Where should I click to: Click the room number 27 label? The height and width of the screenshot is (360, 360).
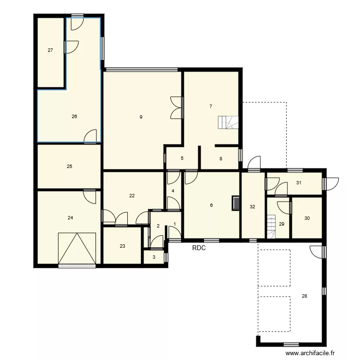50,50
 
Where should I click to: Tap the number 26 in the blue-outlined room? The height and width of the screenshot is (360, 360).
74,116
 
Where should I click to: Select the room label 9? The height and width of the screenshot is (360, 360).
141,117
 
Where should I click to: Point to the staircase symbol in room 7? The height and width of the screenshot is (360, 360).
228,123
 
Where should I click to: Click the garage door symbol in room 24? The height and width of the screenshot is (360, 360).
77,248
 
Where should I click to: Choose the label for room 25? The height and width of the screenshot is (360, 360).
70,167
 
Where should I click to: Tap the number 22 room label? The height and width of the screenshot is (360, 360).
132,195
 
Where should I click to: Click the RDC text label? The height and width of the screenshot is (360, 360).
199,248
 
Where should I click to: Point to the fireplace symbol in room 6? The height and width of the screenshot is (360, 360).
236,203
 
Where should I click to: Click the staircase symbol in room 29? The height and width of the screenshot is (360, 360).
272,226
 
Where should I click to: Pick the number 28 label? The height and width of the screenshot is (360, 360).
304,296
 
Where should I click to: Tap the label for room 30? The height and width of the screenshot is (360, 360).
307,218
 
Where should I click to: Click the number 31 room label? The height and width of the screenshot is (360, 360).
299,182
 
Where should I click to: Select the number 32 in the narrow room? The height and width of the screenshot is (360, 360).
252,206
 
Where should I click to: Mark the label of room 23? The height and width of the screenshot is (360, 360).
122,246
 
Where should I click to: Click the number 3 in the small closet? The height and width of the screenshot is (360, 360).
154,257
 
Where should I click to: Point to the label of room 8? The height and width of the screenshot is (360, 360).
221,158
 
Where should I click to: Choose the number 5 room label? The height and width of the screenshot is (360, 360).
182,158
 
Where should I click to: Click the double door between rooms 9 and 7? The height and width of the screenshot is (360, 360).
177,108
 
